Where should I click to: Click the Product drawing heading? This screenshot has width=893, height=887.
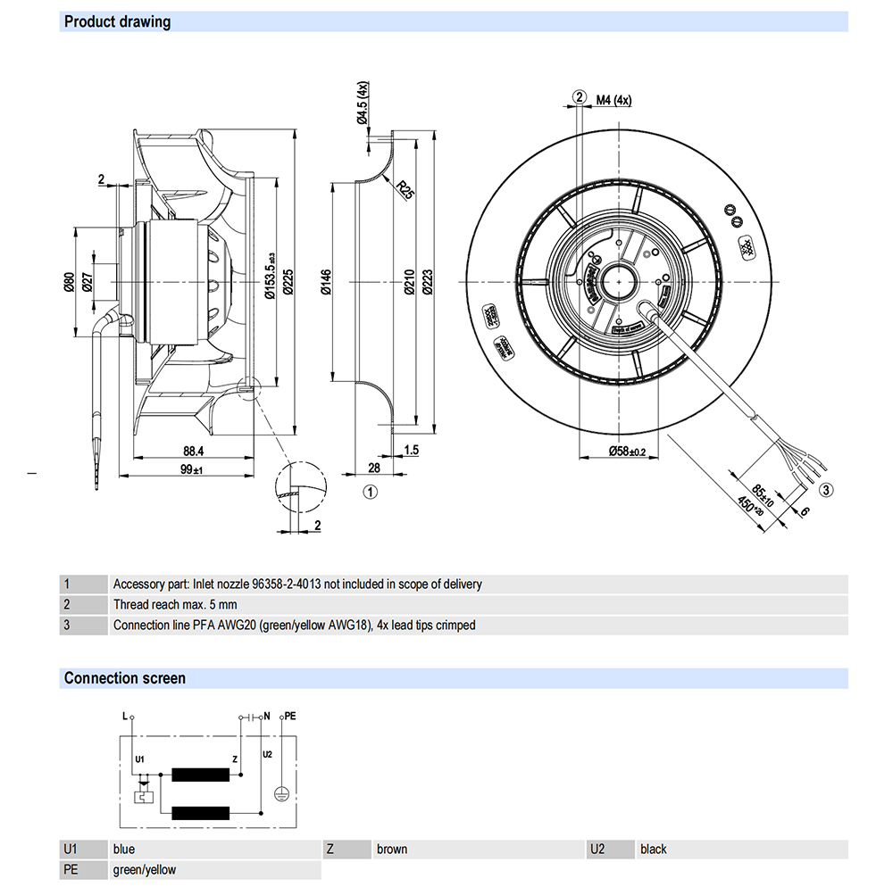pos(117,21)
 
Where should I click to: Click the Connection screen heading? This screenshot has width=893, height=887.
pos(124,678)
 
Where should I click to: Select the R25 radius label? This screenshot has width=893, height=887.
pos(406,189)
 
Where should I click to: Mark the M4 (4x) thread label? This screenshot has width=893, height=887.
pos(613,100)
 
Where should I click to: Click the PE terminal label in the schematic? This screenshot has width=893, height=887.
pos(292,717)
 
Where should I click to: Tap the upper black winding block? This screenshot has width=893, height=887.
pos(202,775)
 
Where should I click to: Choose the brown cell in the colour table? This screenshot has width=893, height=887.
pos(392,849)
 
